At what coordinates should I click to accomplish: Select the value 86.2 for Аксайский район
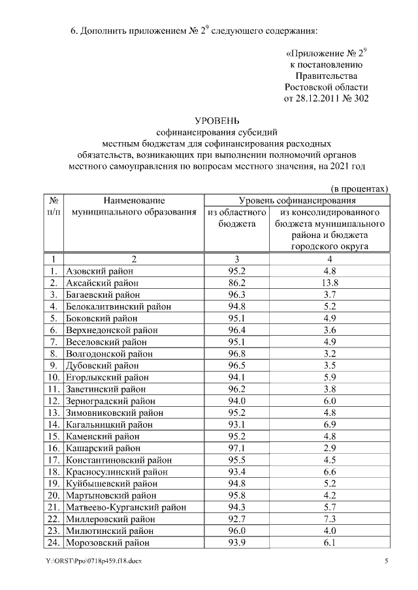(236, 283)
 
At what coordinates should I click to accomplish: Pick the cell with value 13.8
(329, 283)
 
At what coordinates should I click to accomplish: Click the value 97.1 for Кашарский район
(236, 448)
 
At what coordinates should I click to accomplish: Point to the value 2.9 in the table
(329, 448)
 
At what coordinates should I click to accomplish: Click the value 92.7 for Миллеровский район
(236, 518)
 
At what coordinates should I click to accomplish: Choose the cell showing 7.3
(329, 518)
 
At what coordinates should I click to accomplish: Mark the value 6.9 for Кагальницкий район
(329, 424)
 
